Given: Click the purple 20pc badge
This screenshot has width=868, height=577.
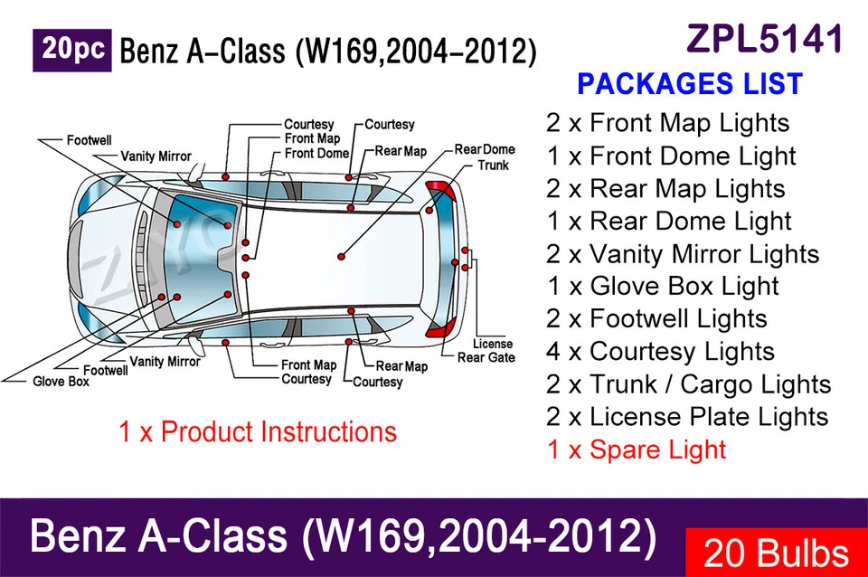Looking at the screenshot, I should tap(72, 51).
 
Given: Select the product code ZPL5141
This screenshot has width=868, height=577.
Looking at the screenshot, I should tap(765, 39).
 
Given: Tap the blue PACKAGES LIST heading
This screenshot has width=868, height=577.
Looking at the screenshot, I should tap(689, 84).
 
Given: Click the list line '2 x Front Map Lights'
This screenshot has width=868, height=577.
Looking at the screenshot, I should tap(667, 123).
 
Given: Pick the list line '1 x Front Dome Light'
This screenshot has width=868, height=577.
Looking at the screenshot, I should tap(671, 156).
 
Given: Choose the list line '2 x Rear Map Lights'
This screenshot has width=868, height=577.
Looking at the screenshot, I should tap(665, 188).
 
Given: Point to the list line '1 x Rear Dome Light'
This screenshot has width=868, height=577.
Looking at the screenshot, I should tap(668, 221).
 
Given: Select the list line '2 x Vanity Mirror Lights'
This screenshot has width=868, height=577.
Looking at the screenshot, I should tap(683, 254).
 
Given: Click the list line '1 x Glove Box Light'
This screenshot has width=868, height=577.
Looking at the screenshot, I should tap(662, 287).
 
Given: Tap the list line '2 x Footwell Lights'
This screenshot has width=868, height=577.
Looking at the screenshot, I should tap(656, 319).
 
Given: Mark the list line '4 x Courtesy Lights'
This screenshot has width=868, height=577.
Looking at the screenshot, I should tap(660, 352).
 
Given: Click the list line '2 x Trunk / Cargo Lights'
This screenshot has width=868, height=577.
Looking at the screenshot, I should tap(688, 384).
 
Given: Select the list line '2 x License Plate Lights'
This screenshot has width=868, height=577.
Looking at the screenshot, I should tap(687, 417).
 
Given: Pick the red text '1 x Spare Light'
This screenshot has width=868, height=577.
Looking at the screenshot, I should tap(636, 449).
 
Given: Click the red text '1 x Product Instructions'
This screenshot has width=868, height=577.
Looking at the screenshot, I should tap(258, 431).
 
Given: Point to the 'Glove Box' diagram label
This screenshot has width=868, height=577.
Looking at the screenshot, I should tap(61, 383).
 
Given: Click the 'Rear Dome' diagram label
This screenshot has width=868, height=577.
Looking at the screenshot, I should tap(485, 149).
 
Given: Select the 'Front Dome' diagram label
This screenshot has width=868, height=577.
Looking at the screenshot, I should tap(316, 154).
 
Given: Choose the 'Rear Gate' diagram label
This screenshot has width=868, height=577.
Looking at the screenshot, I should tap(486, 358).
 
